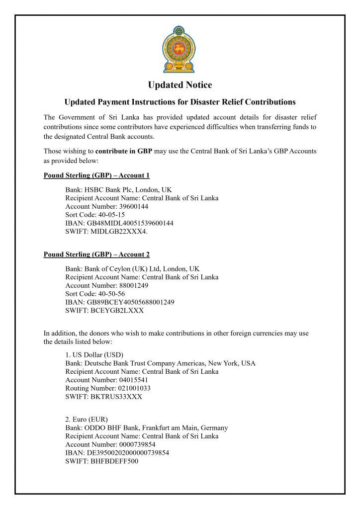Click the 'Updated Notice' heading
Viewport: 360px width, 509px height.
coord(180,85)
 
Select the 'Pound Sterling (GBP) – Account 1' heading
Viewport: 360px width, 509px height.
coord(96,175)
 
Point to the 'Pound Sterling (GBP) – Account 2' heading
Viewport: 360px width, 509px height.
coord(96,254)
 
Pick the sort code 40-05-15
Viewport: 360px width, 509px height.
coord(111,215)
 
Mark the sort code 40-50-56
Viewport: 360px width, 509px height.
coord(111,294)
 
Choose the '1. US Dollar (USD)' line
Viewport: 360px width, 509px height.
coord(94,355)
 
